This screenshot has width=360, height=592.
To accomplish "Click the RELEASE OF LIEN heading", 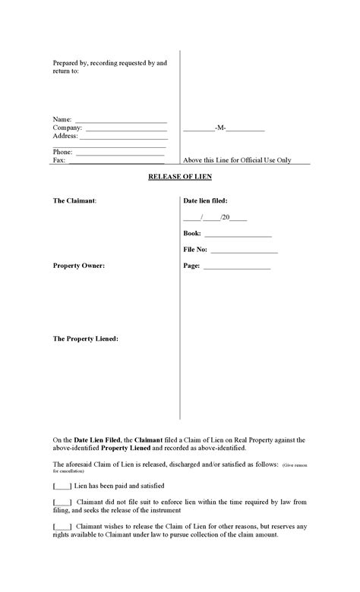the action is tap(179, 177).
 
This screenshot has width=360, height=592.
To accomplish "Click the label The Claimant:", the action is tap(74, 201).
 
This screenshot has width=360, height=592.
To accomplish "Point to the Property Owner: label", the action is tap(79, 266).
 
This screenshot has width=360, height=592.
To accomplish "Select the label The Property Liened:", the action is tap(85, 339).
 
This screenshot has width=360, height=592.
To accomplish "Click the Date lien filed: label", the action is tap(206, 201).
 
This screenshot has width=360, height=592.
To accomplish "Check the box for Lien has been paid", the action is tap(62, 486).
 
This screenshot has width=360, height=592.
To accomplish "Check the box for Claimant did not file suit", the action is tap(62, 502).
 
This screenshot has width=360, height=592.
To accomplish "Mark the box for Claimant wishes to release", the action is tap(62, 526).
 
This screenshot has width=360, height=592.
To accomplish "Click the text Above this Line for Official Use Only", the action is tap(237, 161).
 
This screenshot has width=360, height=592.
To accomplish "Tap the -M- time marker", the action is tap(220, 130).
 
